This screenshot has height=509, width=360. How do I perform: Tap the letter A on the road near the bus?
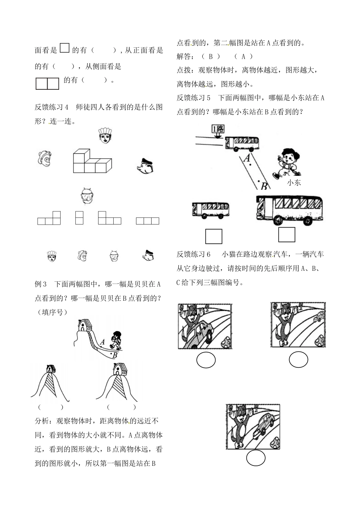247,158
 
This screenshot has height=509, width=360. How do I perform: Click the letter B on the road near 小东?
264,186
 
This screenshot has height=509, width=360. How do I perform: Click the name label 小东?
294,183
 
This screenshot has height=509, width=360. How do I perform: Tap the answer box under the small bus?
214,236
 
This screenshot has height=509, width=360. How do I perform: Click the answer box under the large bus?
286,234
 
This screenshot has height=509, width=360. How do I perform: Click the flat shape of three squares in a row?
147,221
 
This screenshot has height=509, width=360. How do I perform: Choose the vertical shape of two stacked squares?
79,217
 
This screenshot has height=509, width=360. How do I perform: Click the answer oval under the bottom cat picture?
256,458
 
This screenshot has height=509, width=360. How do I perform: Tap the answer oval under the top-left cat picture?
206,360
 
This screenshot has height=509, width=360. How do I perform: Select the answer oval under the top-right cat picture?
299,359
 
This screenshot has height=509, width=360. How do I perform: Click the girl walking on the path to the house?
115,340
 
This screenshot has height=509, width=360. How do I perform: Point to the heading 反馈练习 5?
194,98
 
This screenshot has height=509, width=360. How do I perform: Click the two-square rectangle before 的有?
47,83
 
